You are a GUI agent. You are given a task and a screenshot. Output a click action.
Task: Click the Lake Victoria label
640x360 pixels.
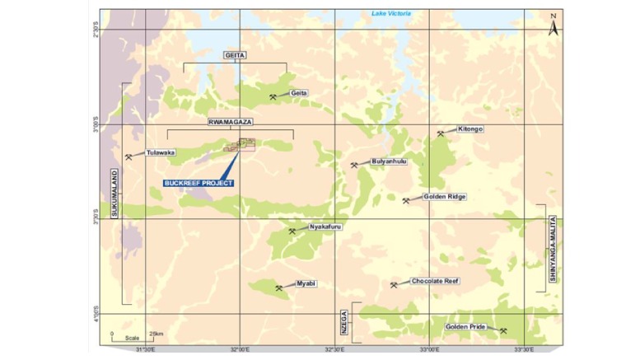point(391,13)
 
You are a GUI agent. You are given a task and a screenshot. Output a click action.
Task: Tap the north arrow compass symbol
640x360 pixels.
point(554,25)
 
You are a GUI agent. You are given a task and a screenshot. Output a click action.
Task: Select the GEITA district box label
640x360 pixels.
point(235,54)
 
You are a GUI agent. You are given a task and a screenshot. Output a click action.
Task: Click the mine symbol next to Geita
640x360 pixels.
point(273,96)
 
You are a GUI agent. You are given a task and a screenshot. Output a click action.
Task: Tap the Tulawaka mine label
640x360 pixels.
point(160,152)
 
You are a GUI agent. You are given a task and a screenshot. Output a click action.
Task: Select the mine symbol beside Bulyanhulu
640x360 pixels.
point(354,165)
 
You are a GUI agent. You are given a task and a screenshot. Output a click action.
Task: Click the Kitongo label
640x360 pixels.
point(470,129)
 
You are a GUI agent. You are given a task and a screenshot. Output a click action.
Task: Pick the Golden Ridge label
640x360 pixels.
point(445,197)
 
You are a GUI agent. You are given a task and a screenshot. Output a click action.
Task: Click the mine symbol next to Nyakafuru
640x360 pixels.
point(292,231)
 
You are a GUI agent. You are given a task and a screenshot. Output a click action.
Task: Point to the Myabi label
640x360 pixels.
point(306,283)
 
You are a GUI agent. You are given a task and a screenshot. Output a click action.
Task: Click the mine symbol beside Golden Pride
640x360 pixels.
point(502,330)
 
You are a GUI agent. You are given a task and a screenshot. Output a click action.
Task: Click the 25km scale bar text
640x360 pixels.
point(155,334)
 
